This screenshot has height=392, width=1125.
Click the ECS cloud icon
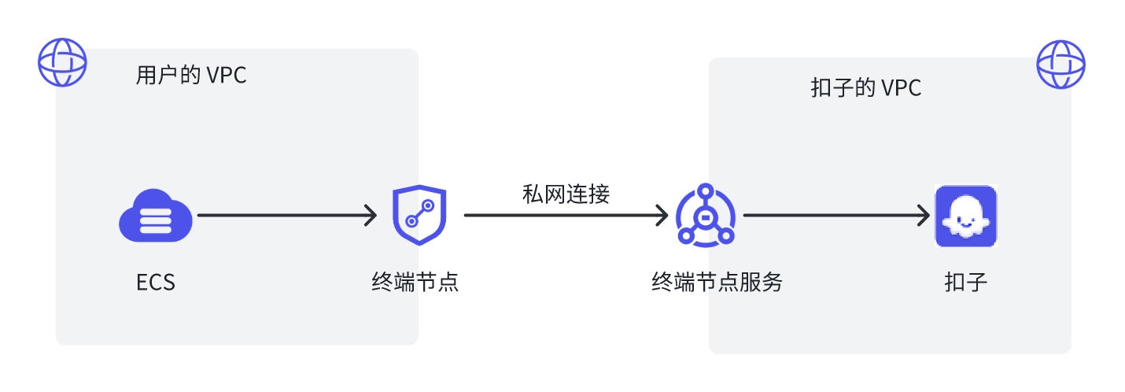(156, 216)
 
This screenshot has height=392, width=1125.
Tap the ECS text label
(156, 282)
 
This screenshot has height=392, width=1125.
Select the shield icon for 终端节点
(419, 215)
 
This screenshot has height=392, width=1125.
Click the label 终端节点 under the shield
(415, 282)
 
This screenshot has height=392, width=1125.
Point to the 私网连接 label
(566, 194)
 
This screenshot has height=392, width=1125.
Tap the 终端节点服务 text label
(717, 282)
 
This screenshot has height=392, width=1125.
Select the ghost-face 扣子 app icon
(966, 216)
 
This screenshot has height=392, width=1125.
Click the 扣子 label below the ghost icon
(966, 282)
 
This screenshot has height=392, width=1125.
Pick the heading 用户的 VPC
(191, 76)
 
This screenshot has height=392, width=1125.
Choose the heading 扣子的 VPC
(866, 88)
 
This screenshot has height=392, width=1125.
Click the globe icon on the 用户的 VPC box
(63, 62)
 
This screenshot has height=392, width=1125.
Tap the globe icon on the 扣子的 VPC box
(1061, 65)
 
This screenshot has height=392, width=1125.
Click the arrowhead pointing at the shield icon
(371, 215)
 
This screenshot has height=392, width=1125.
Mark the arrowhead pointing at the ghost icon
(924, 215)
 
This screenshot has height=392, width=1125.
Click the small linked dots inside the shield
(420, 213)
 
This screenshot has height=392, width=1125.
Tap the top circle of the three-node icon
(706, 191)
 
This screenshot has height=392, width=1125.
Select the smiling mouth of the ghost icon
(965, 223)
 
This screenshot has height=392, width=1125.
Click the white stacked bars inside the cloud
(156, 221)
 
